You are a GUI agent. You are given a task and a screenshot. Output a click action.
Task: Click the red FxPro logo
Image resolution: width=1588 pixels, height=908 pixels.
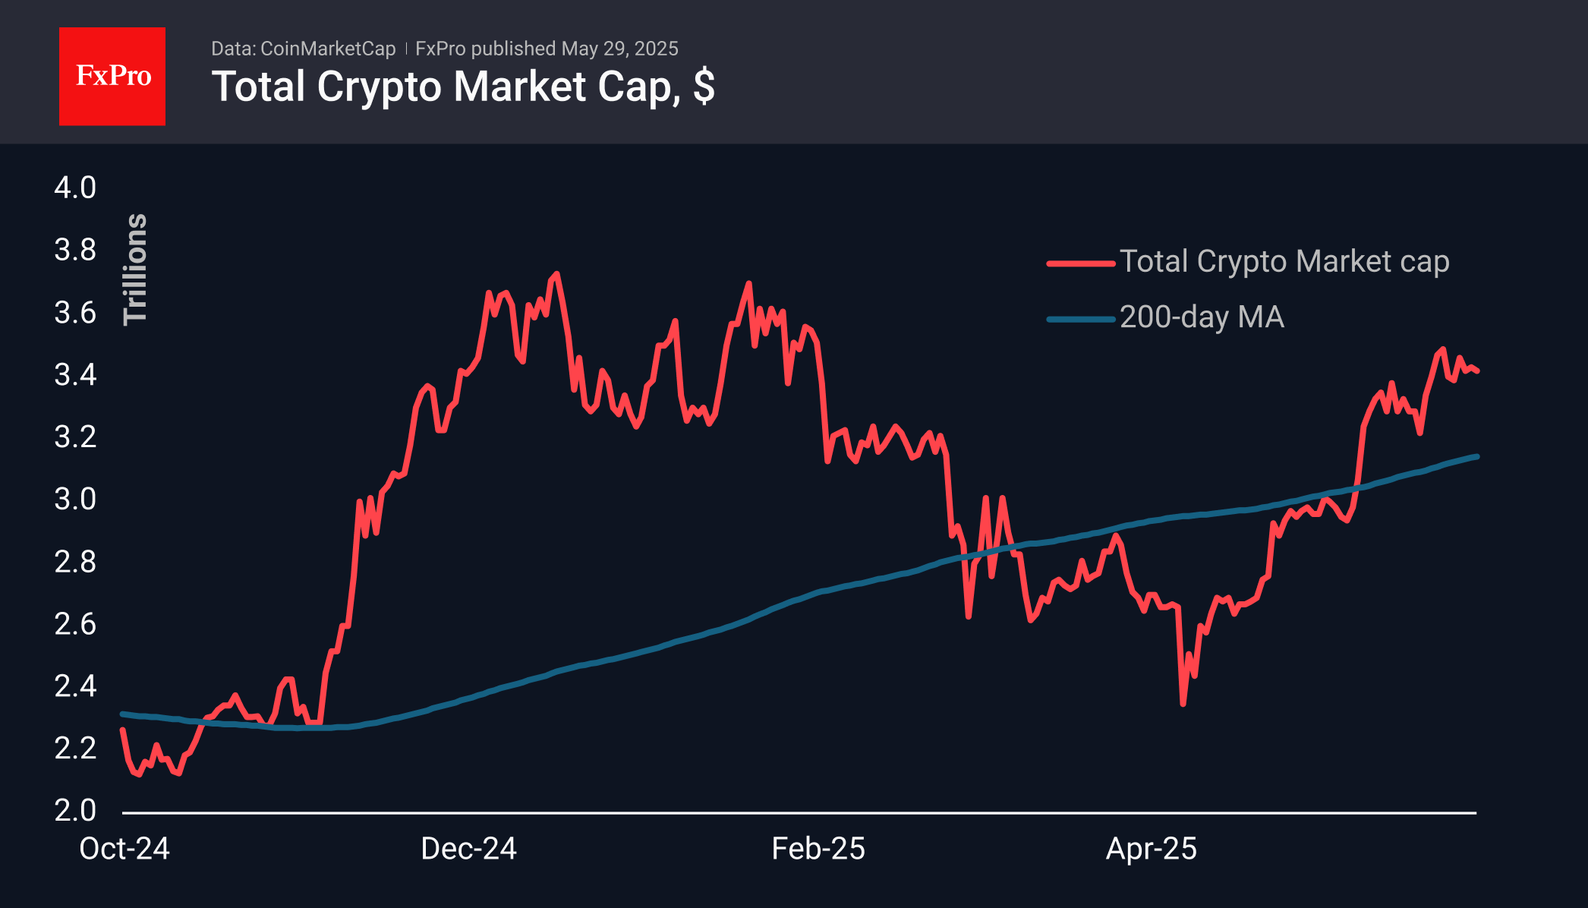point(112,76)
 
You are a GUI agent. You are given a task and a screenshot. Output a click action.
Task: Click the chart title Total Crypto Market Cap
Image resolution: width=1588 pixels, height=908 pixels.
point(463,87)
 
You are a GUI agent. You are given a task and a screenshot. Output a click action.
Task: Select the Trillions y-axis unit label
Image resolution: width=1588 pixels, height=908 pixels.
point(135,269)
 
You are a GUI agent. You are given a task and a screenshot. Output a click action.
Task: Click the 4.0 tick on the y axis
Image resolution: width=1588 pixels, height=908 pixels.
point(75,188)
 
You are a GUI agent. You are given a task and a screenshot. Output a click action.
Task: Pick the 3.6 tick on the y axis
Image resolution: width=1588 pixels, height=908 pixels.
point(75,312)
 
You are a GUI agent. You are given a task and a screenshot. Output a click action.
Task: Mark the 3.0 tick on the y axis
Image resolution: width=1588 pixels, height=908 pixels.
point(75,499)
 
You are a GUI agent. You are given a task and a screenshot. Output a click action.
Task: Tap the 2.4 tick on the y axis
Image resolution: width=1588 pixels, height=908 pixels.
point(75,686)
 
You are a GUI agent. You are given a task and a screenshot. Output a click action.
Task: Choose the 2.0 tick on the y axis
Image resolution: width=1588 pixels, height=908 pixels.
point(75,810)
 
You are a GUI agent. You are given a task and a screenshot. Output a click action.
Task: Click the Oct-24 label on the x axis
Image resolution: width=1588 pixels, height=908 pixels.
point(124,849)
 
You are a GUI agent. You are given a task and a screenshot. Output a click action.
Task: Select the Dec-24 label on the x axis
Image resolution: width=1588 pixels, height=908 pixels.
point(468,849)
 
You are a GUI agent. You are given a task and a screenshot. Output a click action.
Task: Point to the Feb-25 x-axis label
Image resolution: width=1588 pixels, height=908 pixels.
point(818,849)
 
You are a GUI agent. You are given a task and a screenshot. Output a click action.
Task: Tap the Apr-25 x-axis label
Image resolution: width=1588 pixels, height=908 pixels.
point(1151,849)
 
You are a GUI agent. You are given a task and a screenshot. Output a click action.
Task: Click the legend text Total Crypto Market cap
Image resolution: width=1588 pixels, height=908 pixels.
point(1284,261)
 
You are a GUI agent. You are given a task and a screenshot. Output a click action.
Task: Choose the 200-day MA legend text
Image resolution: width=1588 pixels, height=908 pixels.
point(1202,317)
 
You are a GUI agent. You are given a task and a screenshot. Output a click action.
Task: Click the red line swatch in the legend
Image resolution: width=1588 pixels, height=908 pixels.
point(1081,263)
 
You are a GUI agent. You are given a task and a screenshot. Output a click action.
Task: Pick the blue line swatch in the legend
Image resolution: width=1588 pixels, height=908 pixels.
point(1081,319)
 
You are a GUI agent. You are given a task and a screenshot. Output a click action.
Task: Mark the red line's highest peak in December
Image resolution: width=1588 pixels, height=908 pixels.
point(557,274)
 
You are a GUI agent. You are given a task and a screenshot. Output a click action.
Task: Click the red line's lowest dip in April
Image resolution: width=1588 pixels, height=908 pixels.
point(1183,704)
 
